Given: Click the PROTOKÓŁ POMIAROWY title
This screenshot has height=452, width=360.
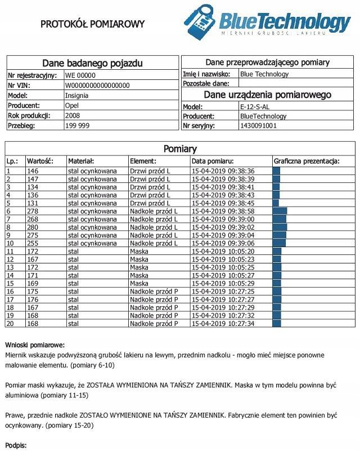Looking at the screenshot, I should [x=93, y=24].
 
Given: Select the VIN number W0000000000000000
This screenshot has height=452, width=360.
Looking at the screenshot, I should [x=97, y=86].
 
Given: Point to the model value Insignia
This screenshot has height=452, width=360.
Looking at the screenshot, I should [x=76, y=96].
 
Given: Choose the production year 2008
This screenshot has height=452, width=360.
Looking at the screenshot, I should [x=73, y=115].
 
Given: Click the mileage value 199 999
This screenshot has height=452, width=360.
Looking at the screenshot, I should [x=77, y=126].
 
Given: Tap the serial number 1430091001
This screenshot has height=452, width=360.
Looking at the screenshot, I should [x=258, y=126].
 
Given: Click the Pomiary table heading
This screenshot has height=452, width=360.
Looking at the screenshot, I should [x=180, y=149].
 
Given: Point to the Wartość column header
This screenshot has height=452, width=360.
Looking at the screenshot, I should [x=40, y=161].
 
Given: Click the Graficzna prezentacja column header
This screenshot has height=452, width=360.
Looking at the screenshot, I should [x=307, y=161].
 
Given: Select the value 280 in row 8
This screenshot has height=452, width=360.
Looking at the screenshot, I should [x=33, y=227].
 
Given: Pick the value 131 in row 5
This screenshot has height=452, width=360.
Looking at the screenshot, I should [x=33, y=203].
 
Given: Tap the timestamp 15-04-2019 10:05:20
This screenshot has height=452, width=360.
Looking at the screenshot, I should [x=223, y=252].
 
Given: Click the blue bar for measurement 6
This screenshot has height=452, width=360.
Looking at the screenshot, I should [x=280, y=211].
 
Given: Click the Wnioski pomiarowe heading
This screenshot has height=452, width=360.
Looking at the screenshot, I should [x=35, y=344].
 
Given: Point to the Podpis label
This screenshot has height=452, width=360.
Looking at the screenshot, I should [x=16, y=446].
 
